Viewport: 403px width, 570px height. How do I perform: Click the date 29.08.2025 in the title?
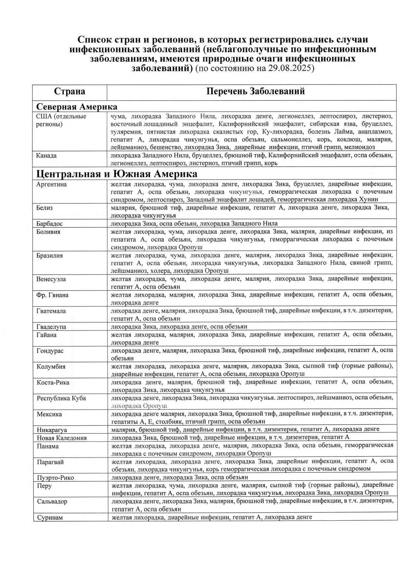click(290, 69)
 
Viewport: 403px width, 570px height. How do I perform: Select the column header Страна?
click(70, 91)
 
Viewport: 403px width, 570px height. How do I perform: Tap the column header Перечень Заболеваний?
click(255, 91)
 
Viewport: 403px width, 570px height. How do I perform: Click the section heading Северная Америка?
click(77, 107)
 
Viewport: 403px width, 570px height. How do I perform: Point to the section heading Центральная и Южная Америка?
click(117, 174)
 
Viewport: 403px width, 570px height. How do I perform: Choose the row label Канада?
click(46, 156)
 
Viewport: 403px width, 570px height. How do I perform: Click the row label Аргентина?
click(51, 185)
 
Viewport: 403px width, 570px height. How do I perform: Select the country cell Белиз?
click(45, 208)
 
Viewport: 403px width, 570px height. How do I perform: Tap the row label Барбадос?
click(49, 224)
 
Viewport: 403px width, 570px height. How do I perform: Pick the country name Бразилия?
click(50, 255)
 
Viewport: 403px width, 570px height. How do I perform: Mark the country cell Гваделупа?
click(51, 327)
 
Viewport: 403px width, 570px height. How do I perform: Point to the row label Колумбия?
click(51, 367)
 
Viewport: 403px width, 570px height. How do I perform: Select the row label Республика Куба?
click(61, 398)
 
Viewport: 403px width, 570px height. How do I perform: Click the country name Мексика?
click(49, 414)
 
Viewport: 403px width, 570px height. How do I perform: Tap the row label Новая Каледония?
click(62, 438)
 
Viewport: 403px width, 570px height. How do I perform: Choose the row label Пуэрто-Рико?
click(56, 478)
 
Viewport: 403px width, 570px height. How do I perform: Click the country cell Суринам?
click(50, 518)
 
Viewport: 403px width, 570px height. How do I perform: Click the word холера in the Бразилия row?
click(162, 271)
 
